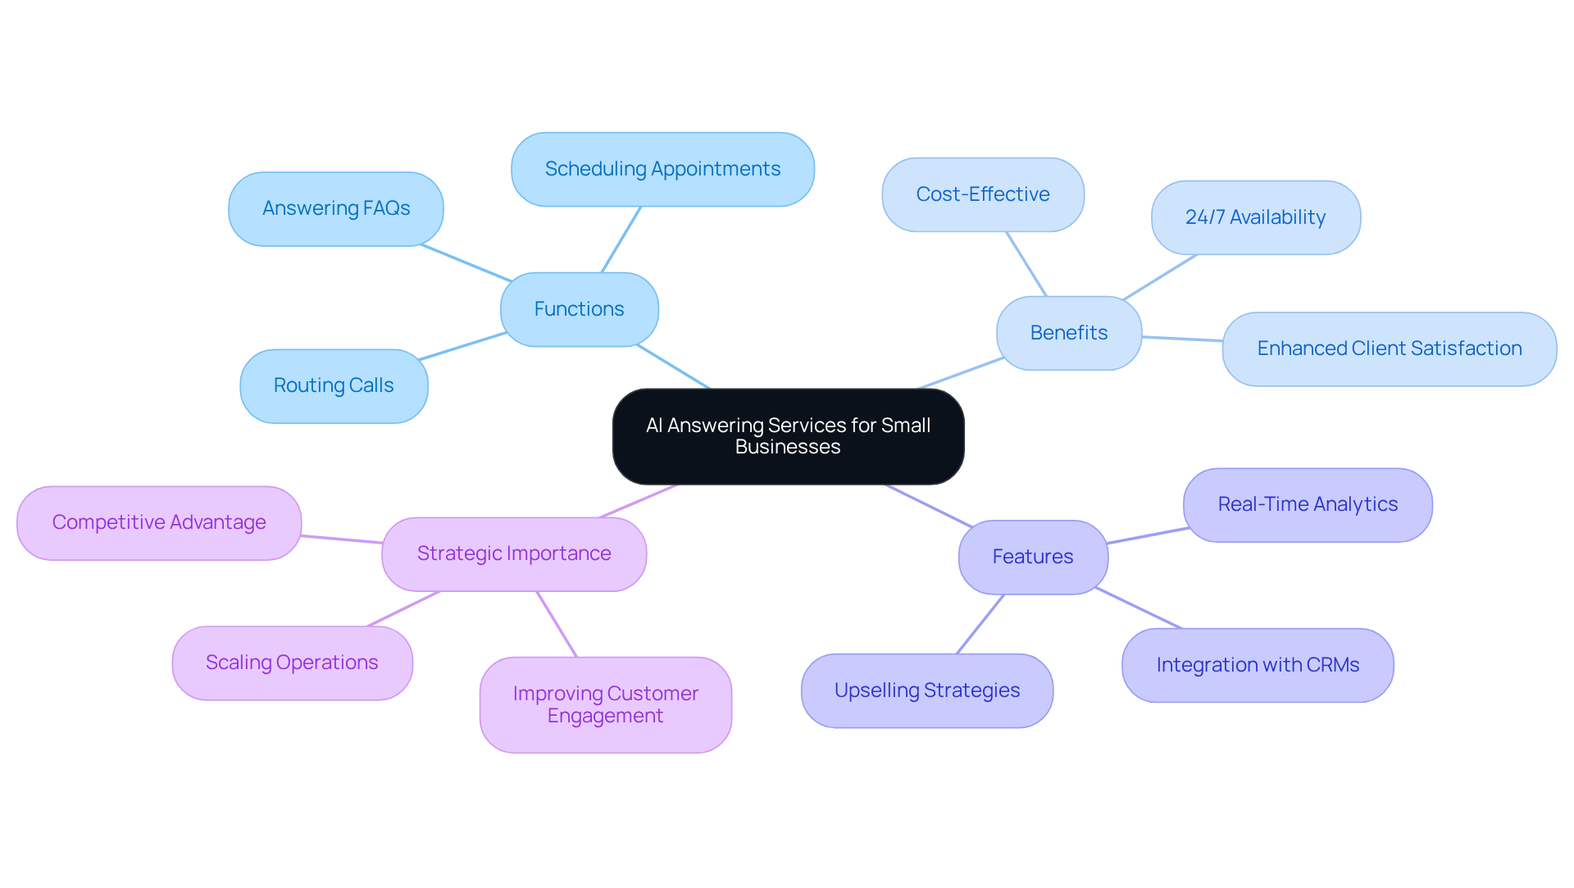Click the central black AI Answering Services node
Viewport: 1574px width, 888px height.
click(x=788, y=436)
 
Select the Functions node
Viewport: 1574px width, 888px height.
click(x=579, y=309)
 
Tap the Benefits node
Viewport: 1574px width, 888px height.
click(x=1068, y=333)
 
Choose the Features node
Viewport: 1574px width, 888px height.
click(x=1032, y=557)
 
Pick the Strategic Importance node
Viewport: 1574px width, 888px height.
click(x=513, y=553)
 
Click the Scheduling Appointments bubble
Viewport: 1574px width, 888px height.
click(x=662, y=169)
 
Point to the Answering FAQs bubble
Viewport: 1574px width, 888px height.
click(x=335, y=208)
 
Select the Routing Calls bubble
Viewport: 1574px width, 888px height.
click(x=334, y=385)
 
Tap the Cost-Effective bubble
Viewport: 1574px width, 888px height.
click(x=982, y=194)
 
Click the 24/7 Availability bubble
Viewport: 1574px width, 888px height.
click(x=1255, y=217)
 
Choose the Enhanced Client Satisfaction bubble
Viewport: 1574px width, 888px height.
click(x=1389, y=348)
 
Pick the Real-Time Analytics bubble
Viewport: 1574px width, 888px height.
click(x=1307, y=504)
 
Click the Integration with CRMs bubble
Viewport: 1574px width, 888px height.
click(x=1257, y=665)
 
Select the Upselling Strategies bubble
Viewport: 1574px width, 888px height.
click(x=926, y=690)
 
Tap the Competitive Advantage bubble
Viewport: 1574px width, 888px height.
click(x=159, y=522)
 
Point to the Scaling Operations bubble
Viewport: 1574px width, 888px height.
click(x=292, y=663)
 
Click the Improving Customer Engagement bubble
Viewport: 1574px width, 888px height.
click(x=605, y=704)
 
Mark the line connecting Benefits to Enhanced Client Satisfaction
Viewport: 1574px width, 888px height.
click(x=1182, y=339)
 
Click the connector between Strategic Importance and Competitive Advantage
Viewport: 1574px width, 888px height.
click(x=341, y=540)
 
